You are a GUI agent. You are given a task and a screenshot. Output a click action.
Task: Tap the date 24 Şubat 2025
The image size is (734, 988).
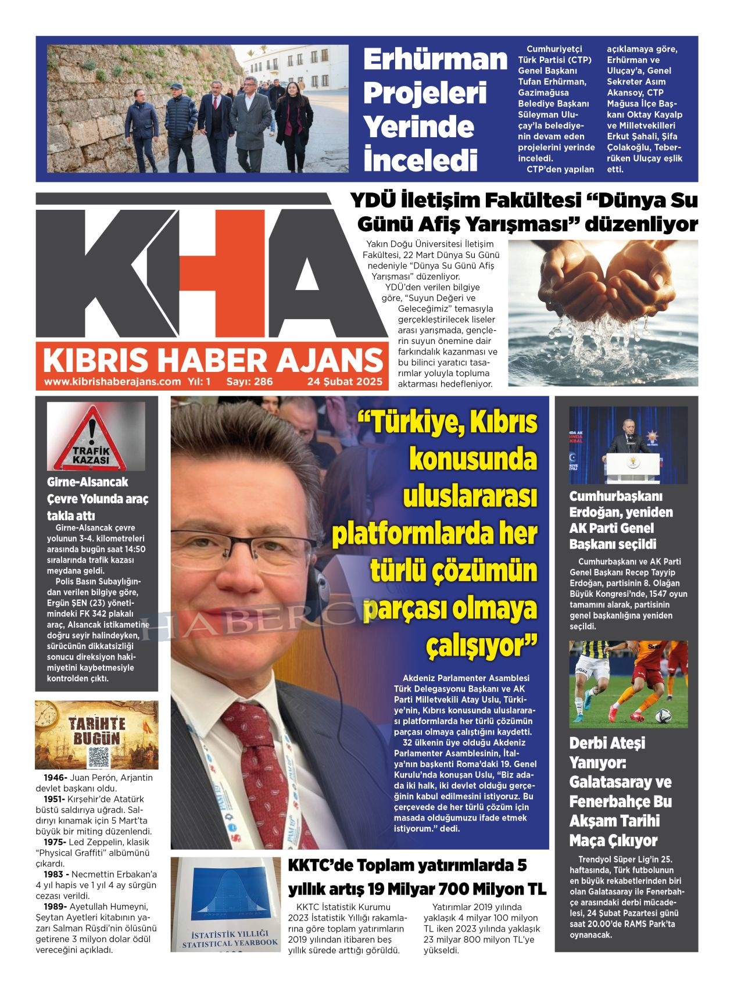(345, 382)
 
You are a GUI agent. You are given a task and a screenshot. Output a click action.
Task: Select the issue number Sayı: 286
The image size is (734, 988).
(249, 382)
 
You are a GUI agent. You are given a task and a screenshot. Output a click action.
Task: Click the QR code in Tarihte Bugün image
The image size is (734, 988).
(98, 756)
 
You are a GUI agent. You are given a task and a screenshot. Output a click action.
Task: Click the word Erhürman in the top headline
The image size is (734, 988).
(435, 59)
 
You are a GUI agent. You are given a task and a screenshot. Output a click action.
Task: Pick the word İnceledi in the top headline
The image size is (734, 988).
(420, 160)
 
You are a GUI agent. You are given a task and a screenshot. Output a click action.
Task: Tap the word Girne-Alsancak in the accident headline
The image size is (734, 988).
(87, 482)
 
